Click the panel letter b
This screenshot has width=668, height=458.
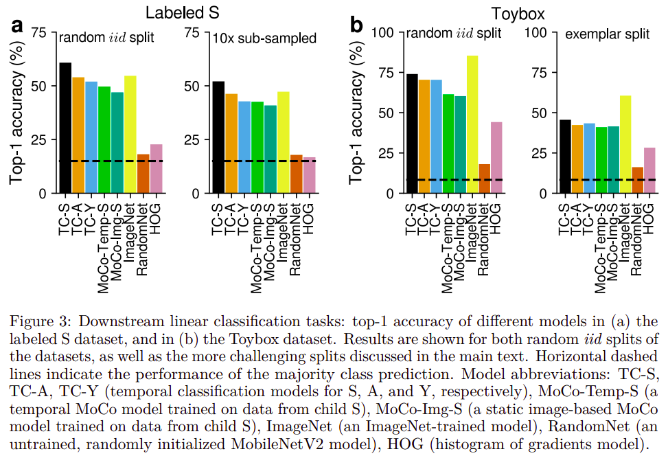click(356, 25)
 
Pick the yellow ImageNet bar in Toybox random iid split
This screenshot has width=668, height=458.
click(472, 124)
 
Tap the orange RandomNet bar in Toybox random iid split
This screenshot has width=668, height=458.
click(485, 179)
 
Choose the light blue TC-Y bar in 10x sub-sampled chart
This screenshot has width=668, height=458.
click(244, 147)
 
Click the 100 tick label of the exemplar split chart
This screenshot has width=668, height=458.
click(535, 32)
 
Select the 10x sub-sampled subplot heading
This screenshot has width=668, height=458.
click(264, 38)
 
